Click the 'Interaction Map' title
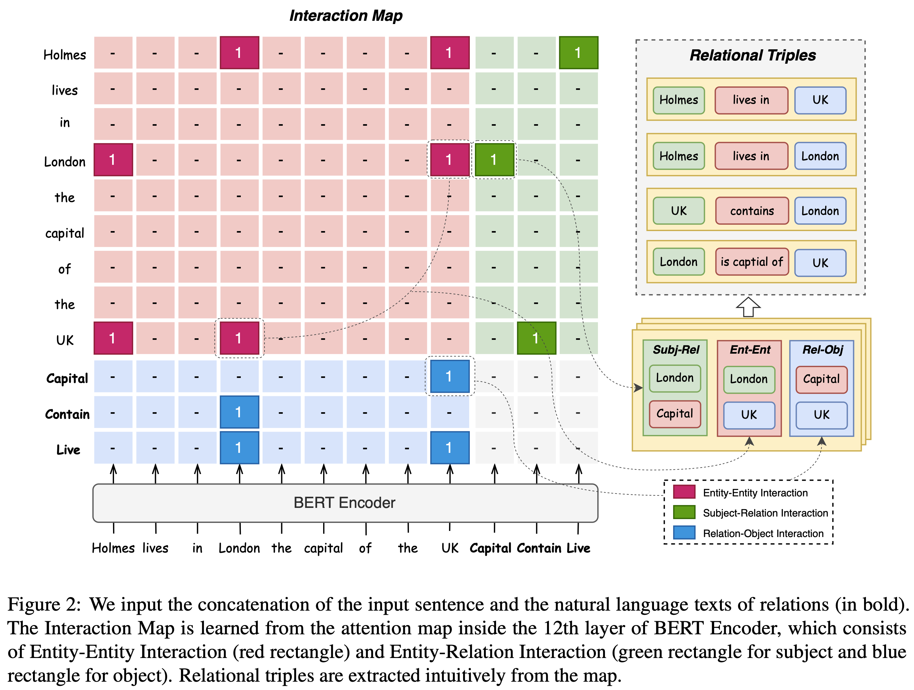tap(346, 16)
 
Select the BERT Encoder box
tap(345, 502)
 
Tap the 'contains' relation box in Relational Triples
tap(752, 211)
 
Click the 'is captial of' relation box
tap(752, 262)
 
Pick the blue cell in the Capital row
tap(450, 376)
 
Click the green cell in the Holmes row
tap(578, 52)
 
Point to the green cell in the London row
tap(494, 160)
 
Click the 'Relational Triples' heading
tap(753, 55)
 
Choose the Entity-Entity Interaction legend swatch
tap(684, 492)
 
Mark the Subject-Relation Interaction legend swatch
tap(684, 512)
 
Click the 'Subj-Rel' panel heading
tap(676, 350)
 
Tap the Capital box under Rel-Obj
tap(821, 379)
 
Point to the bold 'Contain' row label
tap(67, 414)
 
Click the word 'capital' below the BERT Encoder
tap(323, 548)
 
